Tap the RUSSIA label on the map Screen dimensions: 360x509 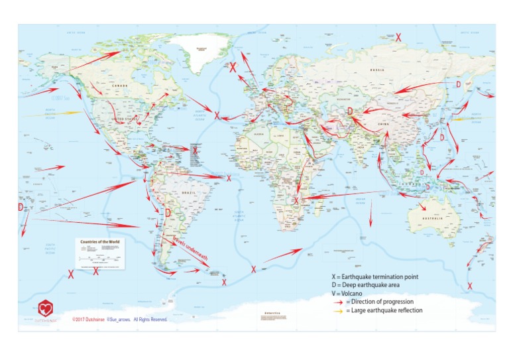pos(378,70)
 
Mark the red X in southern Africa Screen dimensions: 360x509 pos(296,200)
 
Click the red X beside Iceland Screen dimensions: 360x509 pos(233,66)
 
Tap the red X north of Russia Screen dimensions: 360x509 pos(398,38)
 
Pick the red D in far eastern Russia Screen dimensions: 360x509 pos(458,84)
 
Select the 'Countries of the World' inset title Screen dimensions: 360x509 pos(99,242)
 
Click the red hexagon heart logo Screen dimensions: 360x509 pos(46,308)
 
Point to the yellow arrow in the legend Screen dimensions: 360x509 pos(337,310)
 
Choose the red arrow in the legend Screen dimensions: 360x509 pos(337,302)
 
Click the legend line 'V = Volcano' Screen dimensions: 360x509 pos(351,293)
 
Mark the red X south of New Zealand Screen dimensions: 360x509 pos(469,286)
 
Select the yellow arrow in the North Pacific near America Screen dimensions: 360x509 pos(53,114)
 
